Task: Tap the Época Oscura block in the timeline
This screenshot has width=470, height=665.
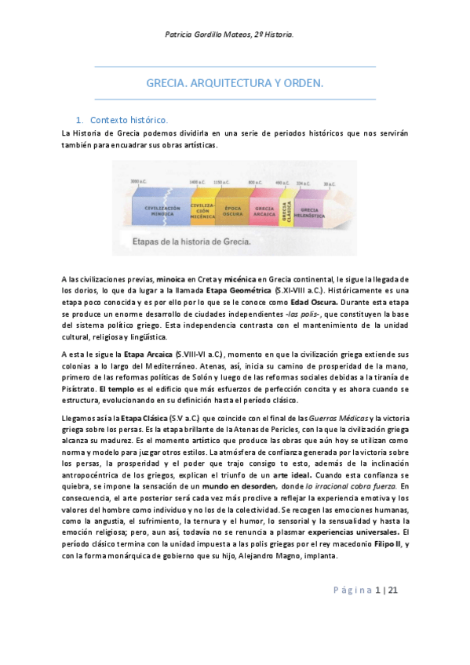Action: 232,210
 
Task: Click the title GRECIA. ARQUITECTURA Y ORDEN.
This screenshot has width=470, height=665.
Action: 235,82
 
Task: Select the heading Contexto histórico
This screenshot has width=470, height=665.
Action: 129,120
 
